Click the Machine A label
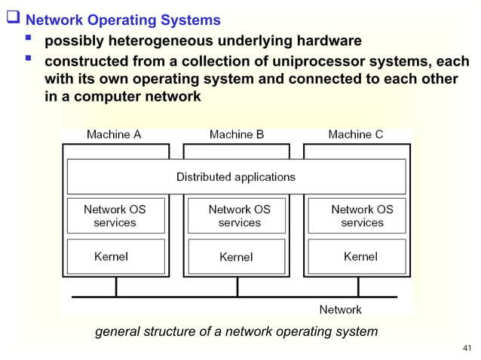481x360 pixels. click(114, 135)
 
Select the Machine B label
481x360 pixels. click(237, 135)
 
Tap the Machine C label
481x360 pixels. click(356, 135)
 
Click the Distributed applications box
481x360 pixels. click(236, 177)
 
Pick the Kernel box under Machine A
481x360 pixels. click(115, 256)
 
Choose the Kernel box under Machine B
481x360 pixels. click(237, 256)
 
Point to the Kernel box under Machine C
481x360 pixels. click(360, 256)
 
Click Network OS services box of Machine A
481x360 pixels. click(115, 215)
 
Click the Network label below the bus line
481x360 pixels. click(340, 310)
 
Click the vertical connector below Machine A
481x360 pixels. click(115, 287)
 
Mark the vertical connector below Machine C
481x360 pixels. click(358, 287)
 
